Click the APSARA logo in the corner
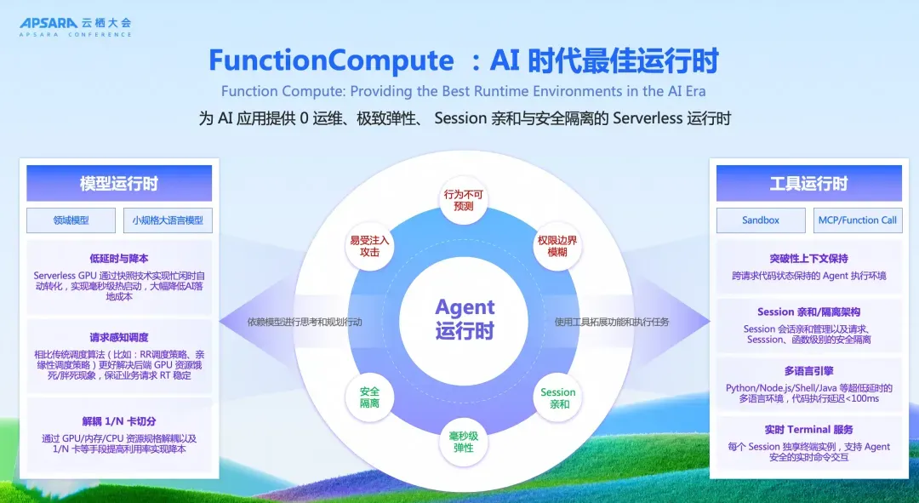[76, 27]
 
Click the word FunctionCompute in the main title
[331, 60]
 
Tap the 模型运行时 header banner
[119, 184]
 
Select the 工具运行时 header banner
[809, 184]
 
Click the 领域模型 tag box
[71, 220]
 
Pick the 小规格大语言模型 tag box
[168, 220]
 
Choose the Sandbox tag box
[761, 220]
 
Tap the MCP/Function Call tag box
[858, 220]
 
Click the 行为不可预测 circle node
[463, 200]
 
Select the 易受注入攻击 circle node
[369, 246]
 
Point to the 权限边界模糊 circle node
[557, 246]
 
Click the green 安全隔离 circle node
[369, 397]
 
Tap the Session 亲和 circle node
[558, 397]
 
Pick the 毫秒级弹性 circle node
[463, 442]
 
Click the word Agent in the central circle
[465, 306]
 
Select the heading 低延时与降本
[119, 259]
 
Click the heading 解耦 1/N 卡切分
[119, 421]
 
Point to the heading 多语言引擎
[809, 371]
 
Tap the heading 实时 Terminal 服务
[809, 430]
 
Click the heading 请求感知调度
[119, 338]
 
